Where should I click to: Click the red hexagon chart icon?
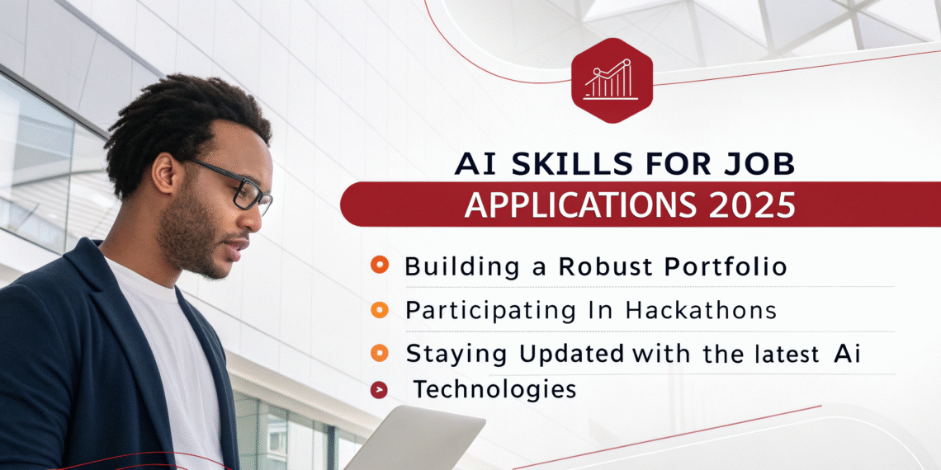pyautogui.click(x=612, y=80)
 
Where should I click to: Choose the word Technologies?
pyautogui.click(x=494, y=390)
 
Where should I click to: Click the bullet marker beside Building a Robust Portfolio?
pyautogui.click(x=379, y=265)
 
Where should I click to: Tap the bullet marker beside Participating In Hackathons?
pyautogui.click(x=379, y=309)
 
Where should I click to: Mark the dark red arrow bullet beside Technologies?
pyautogui.click(x=379, y=391)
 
